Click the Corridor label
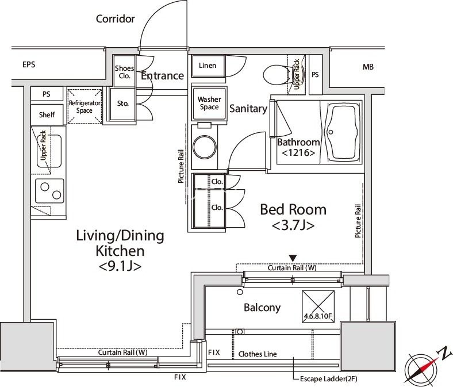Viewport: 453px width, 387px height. (116, 19)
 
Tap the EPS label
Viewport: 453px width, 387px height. (29, 64)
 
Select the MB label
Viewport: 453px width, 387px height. (368, 67)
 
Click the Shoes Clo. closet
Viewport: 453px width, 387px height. (124, 71)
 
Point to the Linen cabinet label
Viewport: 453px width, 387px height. (208, 66)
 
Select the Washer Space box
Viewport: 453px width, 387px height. (209, 103)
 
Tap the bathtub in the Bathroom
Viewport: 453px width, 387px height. (343, 132)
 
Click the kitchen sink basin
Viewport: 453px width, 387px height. (49, 151)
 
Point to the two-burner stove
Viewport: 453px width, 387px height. (49, 191)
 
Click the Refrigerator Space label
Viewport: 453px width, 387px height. (85, 106)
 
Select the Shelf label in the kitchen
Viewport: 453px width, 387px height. (47, 115)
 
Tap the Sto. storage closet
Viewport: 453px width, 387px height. (122, 104)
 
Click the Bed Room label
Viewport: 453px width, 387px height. (293, 209)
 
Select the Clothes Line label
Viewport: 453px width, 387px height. (258, 354)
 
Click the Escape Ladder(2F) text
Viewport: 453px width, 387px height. (329, 378)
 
